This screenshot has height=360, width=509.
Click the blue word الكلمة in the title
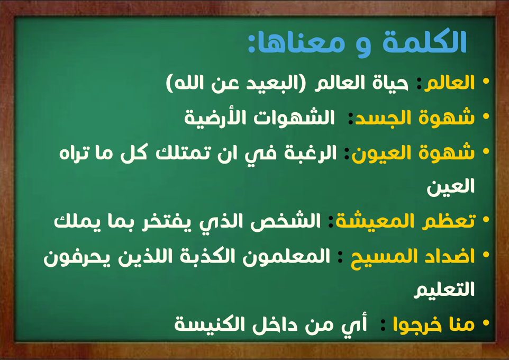pos(424,42)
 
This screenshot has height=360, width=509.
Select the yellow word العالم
pos(450,83)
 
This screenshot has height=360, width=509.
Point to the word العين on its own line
pos(451,187)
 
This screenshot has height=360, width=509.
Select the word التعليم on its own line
pos(444,289)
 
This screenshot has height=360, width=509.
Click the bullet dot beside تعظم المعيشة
pos(486,220)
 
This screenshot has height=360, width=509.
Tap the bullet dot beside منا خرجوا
pos(486,323)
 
